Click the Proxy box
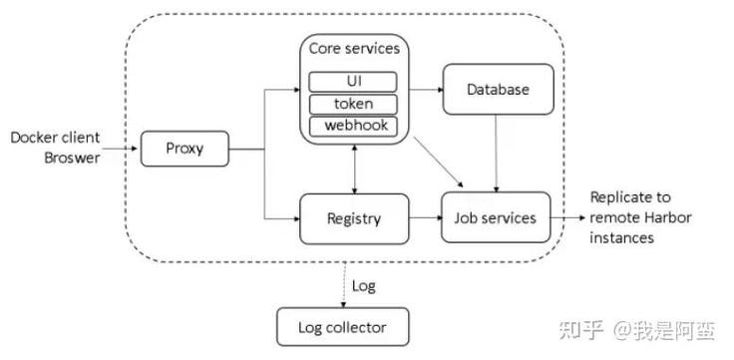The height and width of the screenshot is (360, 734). tap(184, 150)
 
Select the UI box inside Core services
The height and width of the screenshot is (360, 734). tap(354, 81)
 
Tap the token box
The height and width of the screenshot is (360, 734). tap(354, 104)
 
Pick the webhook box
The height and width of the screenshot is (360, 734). tap(354, 127)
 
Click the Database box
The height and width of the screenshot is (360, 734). tap(498, 90)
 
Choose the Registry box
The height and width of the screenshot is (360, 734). tap(354, 217)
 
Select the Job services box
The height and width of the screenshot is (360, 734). tap(496, 217)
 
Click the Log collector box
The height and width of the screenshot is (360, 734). tap(342, 326)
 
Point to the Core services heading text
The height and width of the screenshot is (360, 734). tap(354, 49)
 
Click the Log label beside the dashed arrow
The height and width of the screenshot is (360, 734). tap(365, 285)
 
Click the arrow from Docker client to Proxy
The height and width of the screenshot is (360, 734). tap(120, 150)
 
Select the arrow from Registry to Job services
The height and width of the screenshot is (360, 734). tap(425, 217)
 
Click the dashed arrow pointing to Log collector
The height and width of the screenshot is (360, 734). tap(343, 286)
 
